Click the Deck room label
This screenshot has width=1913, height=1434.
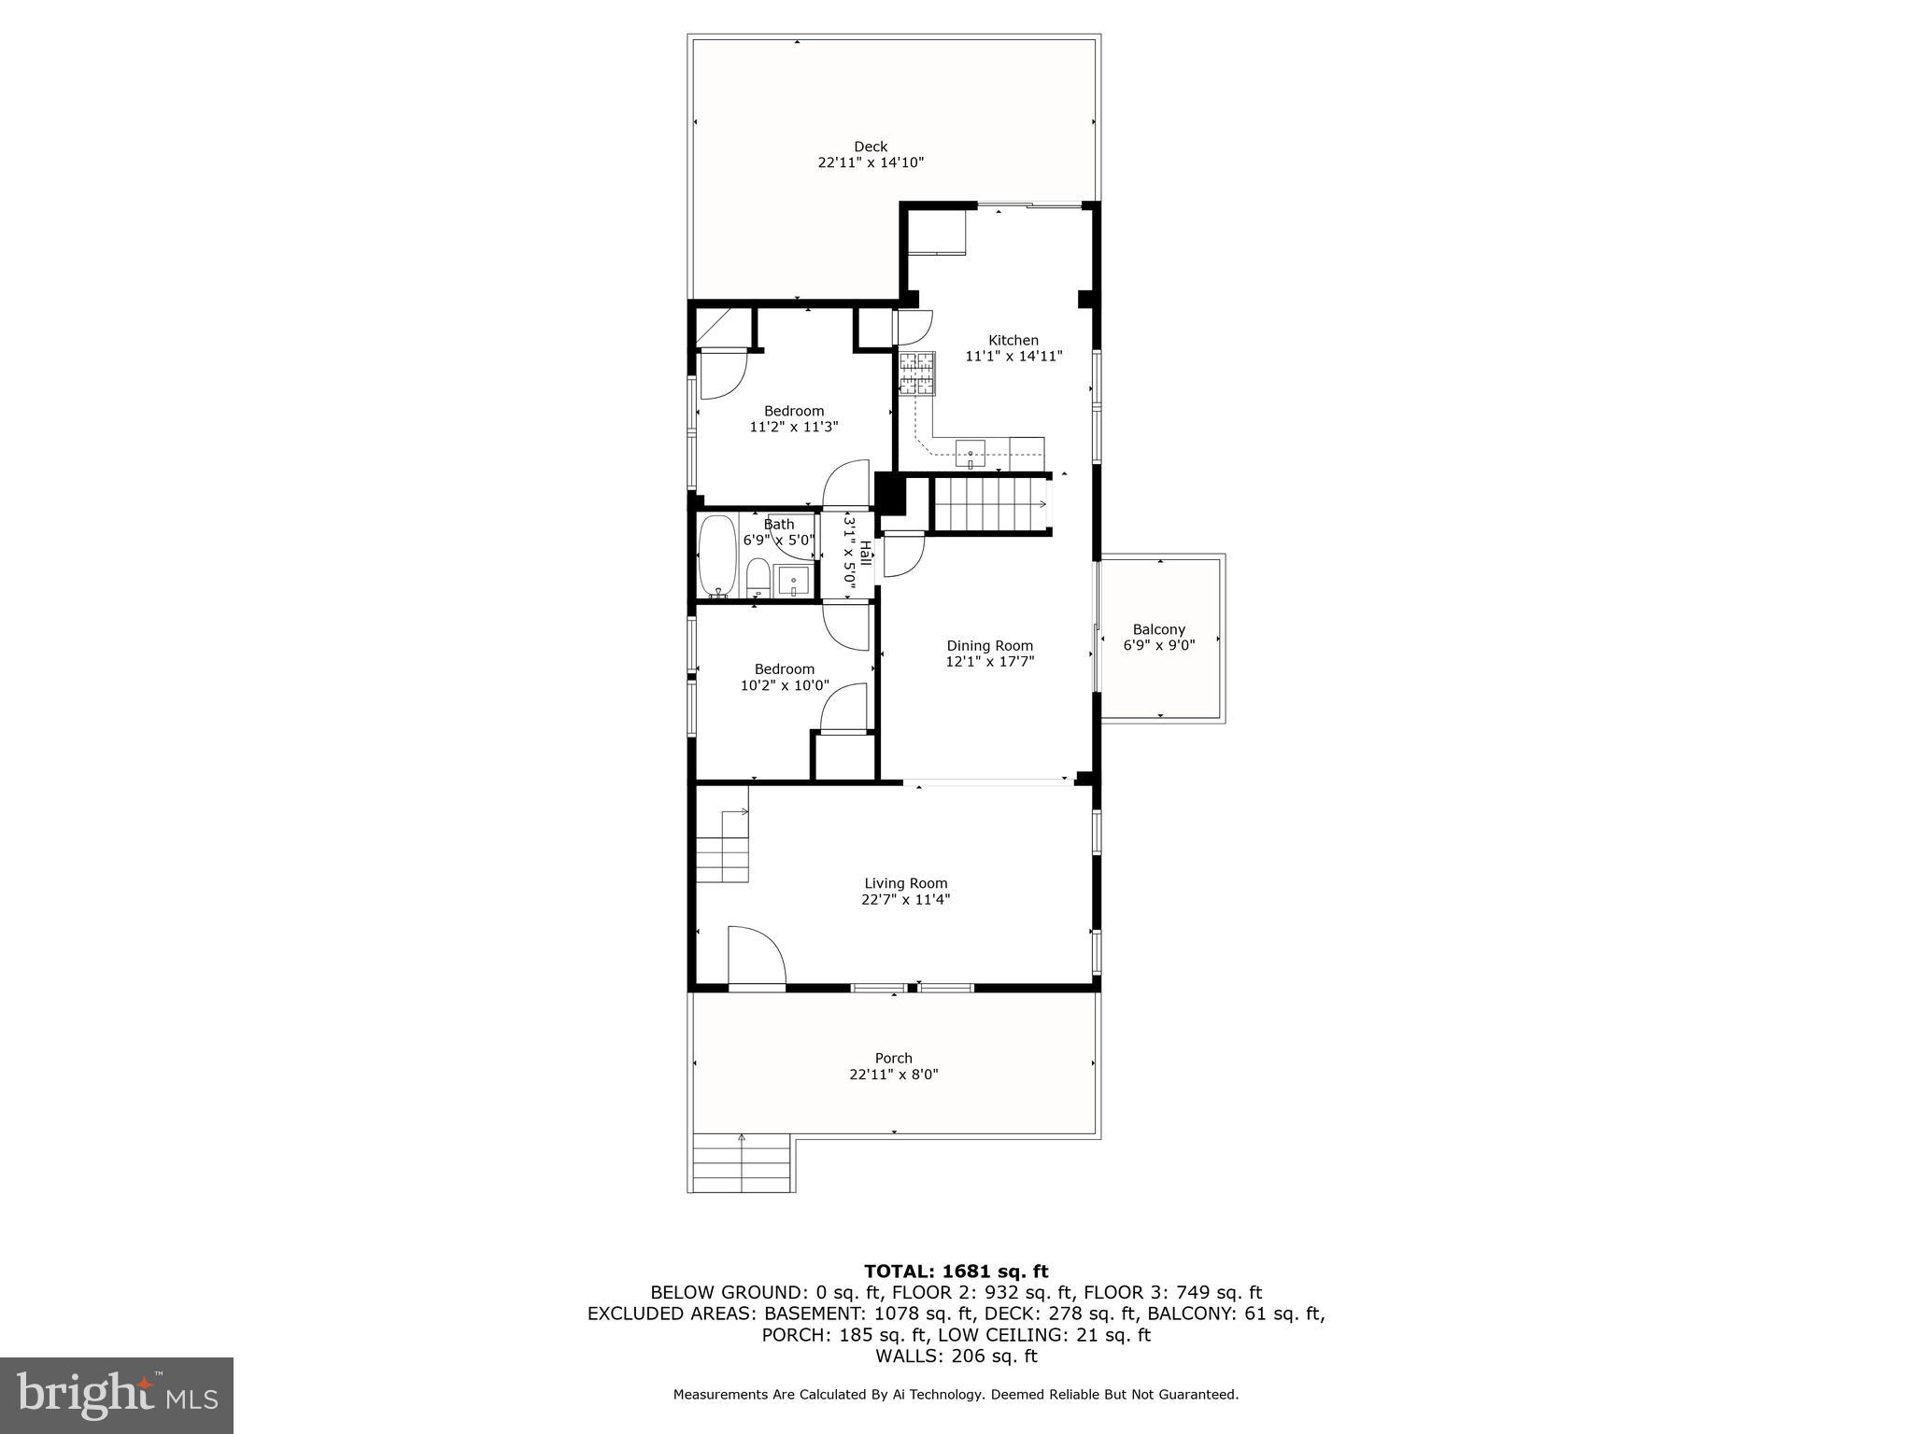click(x=870, y=147)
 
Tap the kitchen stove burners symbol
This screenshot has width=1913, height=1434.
click(x=916, y=374)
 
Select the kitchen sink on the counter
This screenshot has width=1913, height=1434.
click(x=971, y=454)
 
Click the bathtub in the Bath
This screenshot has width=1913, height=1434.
click(x=716, y=555)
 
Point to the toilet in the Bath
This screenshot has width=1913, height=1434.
click(x=758, y=578)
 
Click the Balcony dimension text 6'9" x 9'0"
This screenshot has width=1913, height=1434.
click(x=1158, y=644)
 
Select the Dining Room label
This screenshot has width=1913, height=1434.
click(x=989, y=645)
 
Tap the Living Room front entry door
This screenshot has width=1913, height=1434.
click(x=756, y=956)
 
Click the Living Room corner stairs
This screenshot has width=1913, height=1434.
click(x=723, y=848)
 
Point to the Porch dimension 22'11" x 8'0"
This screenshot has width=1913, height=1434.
click(x=893, y=1075)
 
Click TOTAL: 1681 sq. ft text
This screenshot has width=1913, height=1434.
click(x=956, y=1271)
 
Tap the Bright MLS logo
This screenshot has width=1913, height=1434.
click(x=117, y=1396)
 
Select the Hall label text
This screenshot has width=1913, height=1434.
click(x=866, y=553)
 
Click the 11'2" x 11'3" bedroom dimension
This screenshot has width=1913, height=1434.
click(x=793, y=427)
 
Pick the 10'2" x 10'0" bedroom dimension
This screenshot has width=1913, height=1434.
click(x=784, y=684)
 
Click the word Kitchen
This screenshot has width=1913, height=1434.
click(x=1013, y=340)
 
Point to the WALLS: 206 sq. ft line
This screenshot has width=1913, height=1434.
click(x=956, y=1356)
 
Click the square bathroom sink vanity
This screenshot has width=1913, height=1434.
click(x=793, y=581)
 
